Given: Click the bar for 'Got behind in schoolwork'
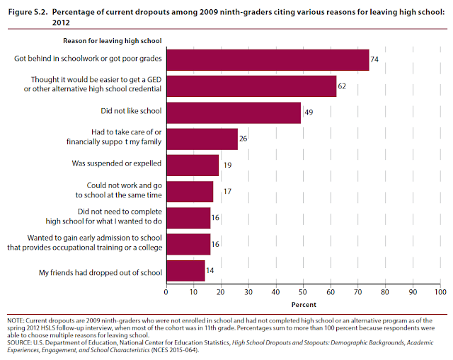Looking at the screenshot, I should [268, 60].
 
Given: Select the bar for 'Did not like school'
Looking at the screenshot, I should [234, 112].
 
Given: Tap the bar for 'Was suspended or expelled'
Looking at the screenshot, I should [193, 165].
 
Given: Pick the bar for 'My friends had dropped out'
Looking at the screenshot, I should [185, 270].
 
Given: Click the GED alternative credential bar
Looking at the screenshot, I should [251, 86].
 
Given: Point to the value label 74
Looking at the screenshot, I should [374, 60].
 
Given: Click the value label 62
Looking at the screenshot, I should [342, 86].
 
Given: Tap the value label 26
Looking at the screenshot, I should [243, 139].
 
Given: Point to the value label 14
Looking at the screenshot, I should [210, 270].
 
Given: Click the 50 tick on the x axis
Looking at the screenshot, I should [303, 291].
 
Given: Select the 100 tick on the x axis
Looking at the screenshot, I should [440, 291].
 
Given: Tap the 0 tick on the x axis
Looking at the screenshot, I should [166, 291].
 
